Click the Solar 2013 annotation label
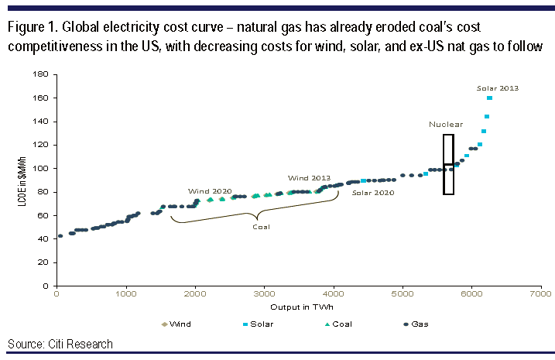coord(498,88)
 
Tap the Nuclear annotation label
coord(446,124)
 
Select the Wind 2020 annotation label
coord(209,190)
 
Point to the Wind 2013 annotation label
coord(309,177)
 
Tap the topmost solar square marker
coord(490,98)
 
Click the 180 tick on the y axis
coord(43,74)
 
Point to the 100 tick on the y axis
coord(43,168)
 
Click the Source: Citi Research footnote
coord(60,344)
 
